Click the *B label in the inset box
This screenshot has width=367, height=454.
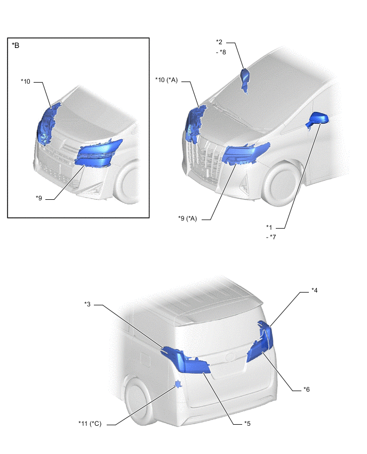click(15, 45)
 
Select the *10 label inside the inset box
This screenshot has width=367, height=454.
click(26, 82)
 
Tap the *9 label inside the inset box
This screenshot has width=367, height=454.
click(39, 198)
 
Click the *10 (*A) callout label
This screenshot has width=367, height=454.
click(166, 80)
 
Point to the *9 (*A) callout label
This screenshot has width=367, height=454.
click(188, 218)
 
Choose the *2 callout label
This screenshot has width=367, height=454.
click(219, 42)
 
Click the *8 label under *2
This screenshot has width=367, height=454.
click(221, 52)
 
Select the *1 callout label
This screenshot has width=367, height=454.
click(269, 227)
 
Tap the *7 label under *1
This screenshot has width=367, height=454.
click(271, 237)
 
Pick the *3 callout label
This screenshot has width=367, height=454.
click(87, 304)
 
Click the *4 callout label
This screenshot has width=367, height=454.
click(315, 290)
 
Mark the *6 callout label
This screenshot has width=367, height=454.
click(307, 390)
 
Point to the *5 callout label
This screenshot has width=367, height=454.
click(248, 423)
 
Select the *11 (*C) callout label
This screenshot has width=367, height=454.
click(90, 424)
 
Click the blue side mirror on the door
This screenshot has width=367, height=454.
click(317, 119)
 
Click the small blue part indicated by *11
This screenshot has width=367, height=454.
click(178, 384)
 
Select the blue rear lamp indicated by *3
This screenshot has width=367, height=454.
click(185, 359)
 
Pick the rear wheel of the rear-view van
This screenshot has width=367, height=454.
click(139, 402)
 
